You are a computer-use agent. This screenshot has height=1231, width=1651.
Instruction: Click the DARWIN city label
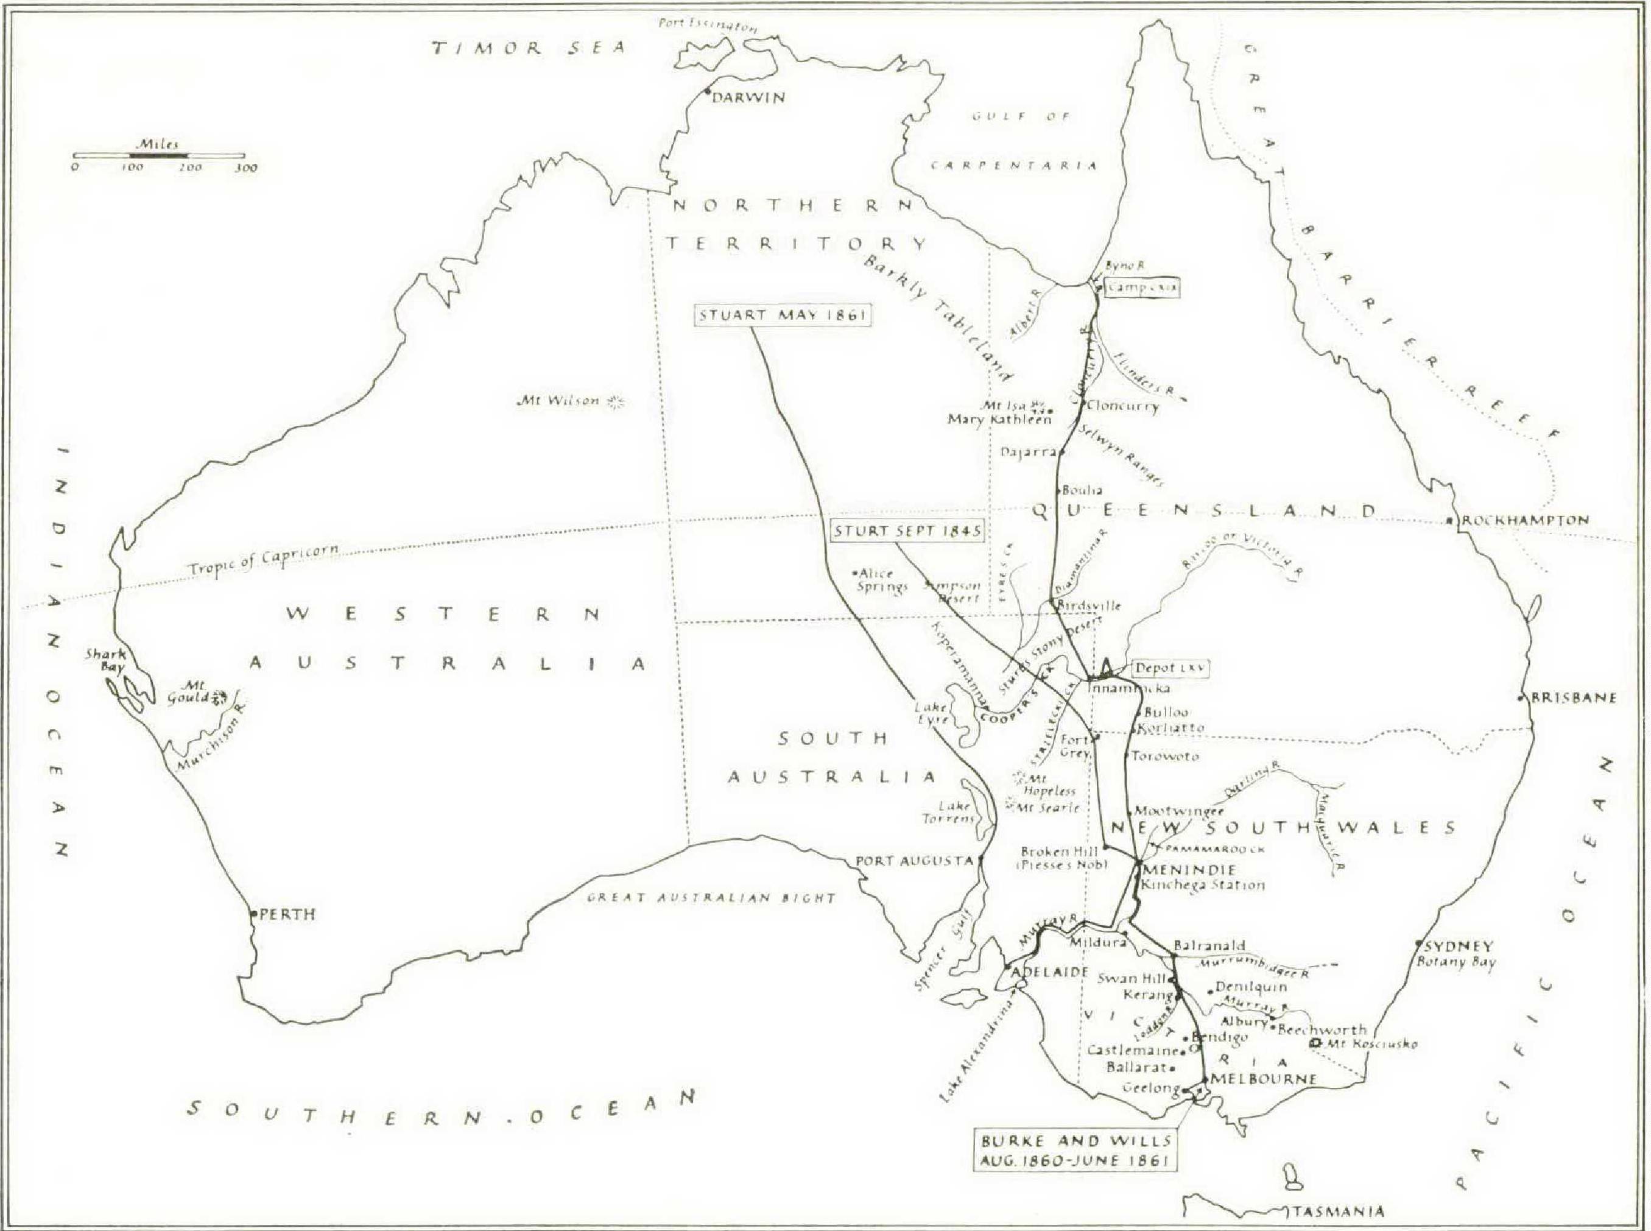[x=748, y=97]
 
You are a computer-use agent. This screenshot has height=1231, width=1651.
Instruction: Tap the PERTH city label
[x=287, y=914]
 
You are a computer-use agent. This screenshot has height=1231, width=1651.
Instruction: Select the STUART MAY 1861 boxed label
[x=783, y=315]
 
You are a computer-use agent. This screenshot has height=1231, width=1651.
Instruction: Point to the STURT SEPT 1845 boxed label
[x=907, y=531]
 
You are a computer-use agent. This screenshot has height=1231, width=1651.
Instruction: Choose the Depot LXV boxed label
[x=1169, y=668]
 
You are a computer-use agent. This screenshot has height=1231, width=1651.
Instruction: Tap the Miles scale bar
[x=160, y=155]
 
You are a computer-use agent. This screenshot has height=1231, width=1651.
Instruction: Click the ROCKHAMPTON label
[x=1525, y=520]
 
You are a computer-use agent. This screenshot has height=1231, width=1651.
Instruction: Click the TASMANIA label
[x=1338, y=1212]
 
